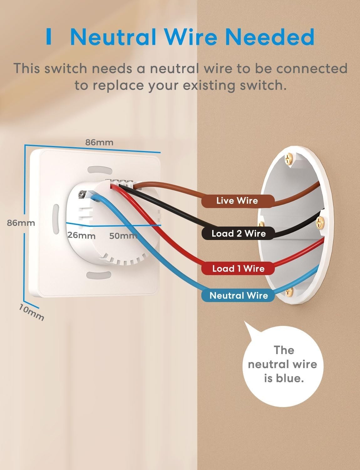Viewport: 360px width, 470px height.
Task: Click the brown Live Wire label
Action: (237, 201)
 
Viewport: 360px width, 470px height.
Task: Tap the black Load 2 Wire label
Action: (238, 233)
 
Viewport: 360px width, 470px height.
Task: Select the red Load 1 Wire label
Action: (238, 269)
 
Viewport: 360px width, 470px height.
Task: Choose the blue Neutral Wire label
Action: (239, 295)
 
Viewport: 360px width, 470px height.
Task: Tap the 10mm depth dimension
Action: (31, 313)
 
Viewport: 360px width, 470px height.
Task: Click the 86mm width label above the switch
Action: (99, 142)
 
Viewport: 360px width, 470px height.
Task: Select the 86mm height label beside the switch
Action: (21, 223)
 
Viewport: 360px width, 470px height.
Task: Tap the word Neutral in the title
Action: (113, 37)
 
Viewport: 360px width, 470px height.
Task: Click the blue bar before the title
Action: (48, 37)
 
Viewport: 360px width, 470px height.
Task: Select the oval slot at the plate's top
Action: (100, 170)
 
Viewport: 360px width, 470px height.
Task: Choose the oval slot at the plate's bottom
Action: (99, 275)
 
